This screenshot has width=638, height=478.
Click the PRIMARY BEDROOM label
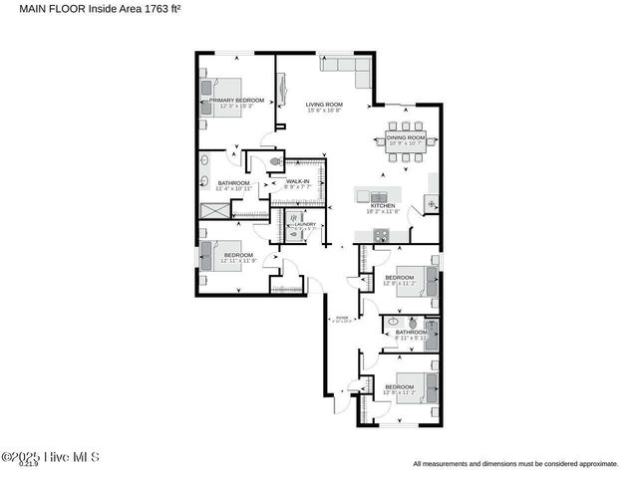(x=236, y=101)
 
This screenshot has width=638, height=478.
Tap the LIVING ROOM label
(x=324, y=105)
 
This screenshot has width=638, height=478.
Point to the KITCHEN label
(x=384, y=206)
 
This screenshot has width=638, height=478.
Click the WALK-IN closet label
(x=298, y=181)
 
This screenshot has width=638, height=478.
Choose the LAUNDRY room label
(x=304, y=224)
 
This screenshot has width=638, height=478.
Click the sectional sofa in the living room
(x=344, y=68)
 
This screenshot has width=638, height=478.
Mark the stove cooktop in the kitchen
(x=381, y=235)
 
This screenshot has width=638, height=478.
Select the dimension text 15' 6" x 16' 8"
(x=324, y=111)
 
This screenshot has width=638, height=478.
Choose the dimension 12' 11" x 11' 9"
(x=238, y=261)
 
